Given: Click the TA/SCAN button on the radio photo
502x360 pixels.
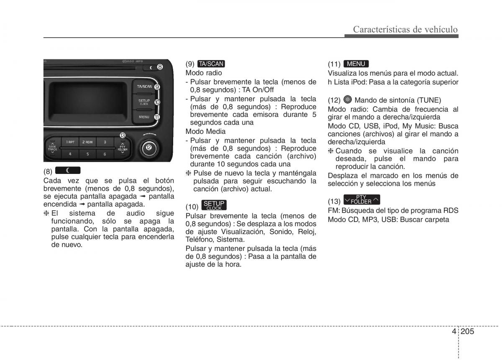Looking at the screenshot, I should [x=144, y=87].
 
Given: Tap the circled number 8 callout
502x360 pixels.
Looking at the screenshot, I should [x=160, y=66].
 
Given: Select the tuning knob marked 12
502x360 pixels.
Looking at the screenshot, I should [x=149, y=147].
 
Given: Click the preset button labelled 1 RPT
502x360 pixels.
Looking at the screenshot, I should [x=70, y=143].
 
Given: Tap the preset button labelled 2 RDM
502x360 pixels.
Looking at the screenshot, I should [x=87, y=143].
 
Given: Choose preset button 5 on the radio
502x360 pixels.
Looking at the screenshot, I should [x=87, y=154].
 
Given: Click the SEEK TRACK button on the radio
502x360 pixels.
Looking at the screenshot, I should [x=52, y=148].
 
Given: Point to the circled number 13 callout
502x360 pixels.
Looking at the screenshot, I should [x=123, y=135].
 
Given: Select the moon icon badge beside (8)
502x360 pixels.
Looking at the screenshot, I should [x=67, y=170].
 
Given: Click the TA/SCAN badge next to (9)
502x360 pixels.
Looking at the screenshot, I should [x=211, y=64].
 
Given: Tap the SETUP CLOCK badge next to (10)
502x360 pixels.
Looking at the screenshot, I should [x=214, y=205].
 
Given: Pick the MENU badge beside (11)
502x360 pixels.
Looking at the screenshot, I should [x=356, y=64].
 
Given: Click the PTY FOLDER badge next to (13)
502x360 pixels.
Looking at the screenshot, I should [x=361, y=200].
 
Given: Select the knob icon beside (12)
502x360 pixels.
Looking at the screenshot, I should [x=348, y=100].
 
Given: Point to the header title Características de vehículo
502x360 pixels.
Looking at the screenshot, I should [x=405, y=29].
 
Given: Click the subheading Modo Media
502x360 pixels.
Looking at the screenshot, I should [x=205, y=131].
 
